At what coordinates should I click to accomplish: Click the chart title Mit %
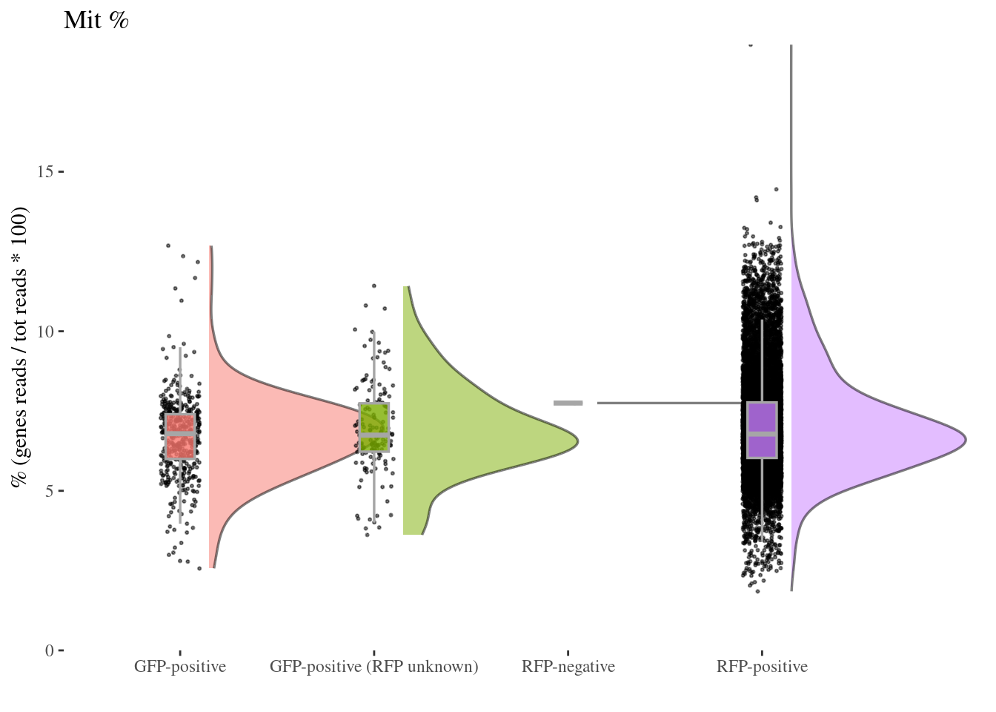tap(96, 20)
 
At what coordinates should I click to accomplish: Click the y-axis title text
tap(20, 347)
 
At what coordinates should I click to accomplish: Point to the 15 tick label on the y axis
tap(45, 172)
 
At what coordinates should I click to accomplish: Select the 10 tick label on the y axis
tap(45, 332)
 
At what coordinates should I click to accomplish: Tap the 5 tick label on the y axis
tap(49, 491)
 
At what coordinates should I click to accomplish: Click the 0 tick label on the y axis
tap(49, 650)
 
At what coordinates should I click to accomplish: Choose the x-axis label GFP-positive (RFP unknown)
tap(373, 667)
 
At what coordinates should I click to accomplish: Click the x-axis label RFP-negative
tap(568, 667)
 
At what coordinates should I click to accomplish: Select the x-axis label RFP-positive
tap(762, 667)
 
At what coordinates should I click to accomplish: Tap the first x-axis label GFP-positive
tap(180, 667)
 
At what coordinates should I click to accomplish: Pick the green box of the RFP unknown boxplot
tap(374, 427)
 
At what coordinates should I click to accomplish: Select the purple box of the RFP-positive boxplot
tap(762, 430)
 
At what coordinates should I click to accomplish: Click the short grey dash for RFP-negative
tap(568, 403)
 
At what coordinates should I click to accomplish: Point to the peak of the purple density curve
tap(965, 440)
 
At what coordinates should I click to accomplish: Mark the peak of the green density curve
tap(577, 441)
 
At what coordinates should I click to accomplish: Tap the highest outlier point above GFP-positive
tap(168, 245)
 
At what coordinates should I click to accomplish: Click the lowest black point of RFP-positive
tap(757, 591)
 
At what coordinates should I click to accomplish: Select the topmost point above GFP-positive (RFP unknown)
tap(373, 286)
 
